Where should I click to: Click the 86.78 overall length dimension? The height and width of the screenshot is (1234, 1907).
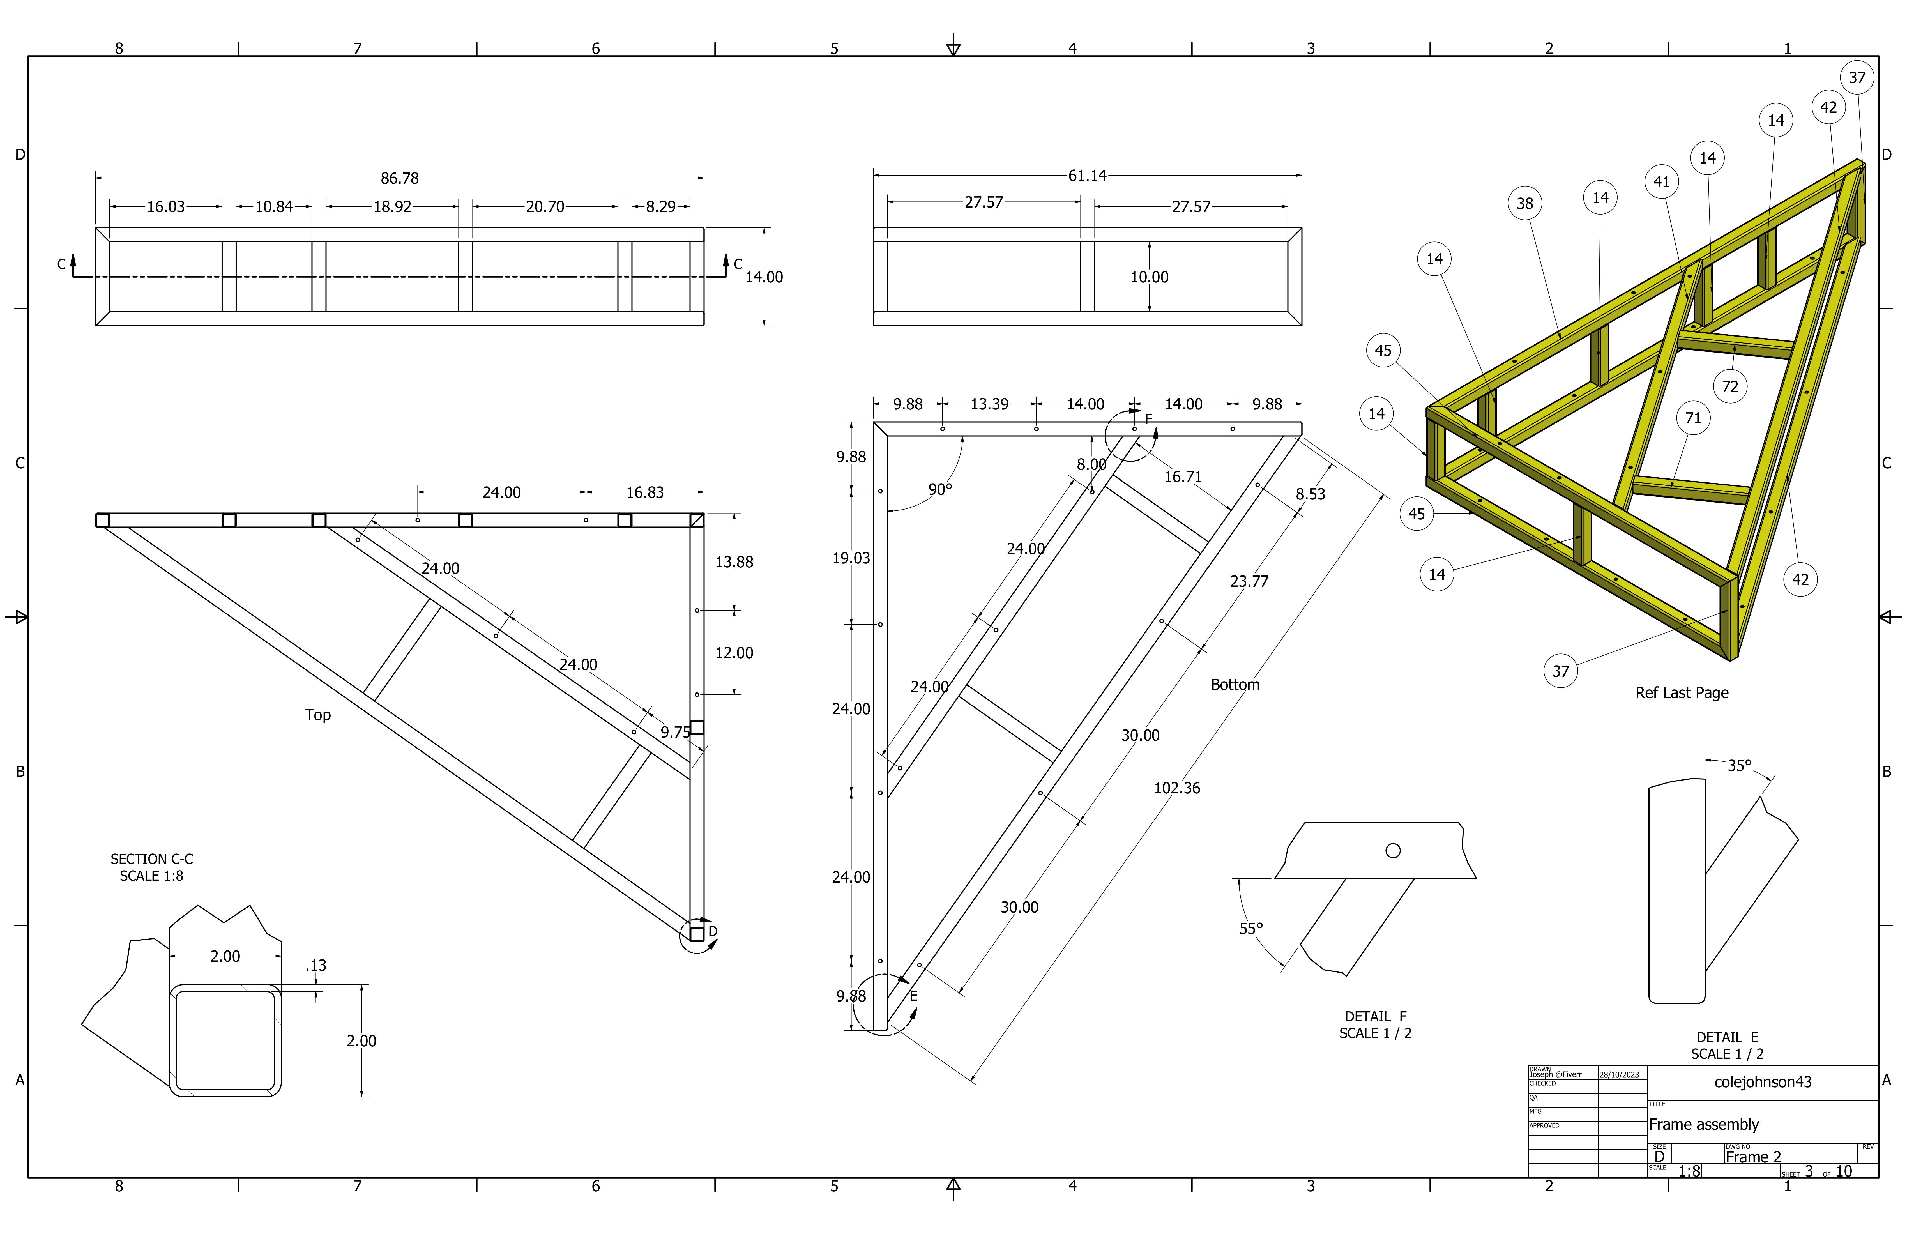click(x=399, y=178)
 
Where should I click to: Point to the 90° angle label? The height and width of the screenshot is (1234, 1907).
click(x=940, y=489)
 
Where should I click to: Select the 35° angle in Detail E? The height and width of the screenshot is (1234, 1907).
click(x=1739, y=765)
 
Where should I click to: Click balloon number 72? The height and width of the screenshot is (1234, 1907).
click(x=1730, y=386)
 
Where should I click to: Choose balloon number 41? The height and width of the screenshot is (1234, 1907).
click(x=1661, y=182)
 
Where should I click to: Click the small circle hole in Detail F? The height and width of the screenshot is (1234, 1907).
click(x=1393, y=851)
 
